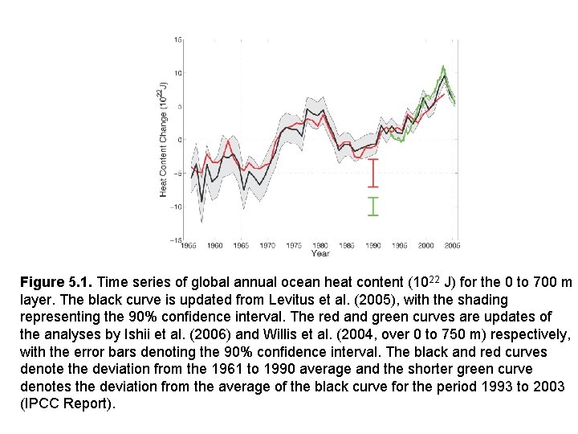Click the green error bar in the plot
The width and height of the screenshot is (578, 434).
(372, 206)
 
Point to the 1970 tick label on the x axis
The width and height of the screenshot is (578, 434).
(267, 245)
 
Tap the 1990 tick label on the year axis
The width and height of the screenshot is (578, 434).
(372, 245)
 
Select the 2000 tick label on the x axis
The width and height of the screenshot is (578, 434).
(425, 245)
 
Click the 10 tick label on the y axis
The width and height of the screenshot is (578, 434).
(177, 73)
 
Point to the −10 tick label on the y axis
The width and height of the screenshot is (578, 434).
(176, 207)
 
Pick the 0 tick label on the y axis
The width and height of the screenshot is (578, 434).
(179, 140)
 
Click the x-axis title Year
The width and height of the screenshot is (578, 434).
(320, 253)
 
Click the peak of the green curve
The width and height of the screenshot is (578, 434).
(443, 67)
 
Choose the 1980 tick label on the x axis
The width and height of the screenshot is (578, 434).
(320, 245)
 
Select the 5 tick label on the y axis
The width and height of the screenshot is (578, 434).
(179, 106)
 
